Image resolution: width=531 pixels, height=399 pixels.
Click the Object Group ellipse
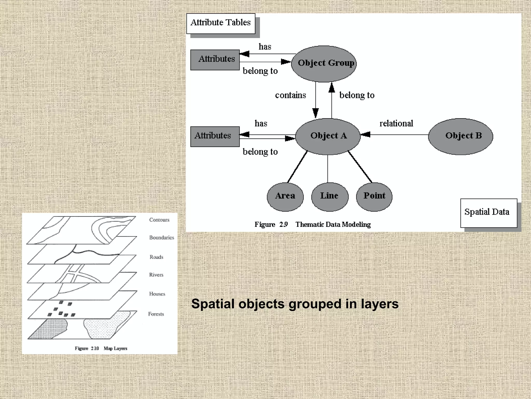pyautogui.click(x=324, y=64)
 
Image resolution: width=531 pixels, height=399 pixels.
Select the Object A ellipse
pyautogui.click(x=328, y=136)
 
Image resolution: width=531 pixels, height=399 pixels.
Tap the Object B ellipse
pyautogui.click(x=460, y=136)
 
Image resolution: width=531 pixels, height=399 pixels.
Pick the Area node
pyautogui.click(x=285, y=196)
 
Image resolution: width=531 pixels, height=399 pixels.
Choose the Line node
pyautogui.click(x=330, y=196)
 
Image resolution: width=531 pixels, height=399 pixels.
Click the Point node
pyautogui.click(x=374, y=196)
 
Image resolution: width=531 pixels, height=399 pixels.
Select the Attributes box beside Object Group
pyautogui.click(x=215, y=60)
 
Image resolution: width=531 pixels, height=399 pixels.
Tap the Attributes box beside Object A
pyautogui.click(x=215, y=136)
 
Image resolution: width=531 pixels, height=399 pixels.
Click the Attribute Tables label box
pyautogui.click(x=221, y=23)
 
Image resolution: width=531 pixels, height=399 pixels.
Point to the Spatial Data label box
pyautogui.click(x=488, y=213)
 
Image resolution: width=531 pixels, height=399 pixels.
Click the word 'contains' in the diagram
pyautogui.click(x=290, y=95)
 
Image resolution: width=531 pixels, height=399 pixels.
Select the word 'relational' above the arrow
pyautogui.click(x=396, y=124)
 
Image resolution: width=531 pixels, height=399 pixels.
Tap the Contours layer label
pyautogui.click(x=159, y=220)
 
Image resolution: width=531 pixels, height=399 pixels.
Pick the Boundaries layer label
pyautogui.click(x=162, y=238)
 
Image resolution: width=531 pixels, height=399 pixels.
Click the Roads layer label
pyautogui.click(x=156, y=257)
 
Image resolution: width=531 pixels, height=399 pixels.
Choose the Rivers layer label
pyautogui.click(x=156, y=275)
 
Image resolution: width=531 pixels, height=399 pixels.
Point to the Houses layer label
pyautogui.click(x=157, y=294)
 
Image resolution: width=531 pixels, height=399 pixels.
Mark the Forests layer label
pyautogui.click(x=156, y=314)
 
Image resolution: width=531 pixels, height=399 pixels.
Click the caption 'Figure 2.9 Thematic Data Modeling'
pyautogui.click(x=312, y=224)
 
